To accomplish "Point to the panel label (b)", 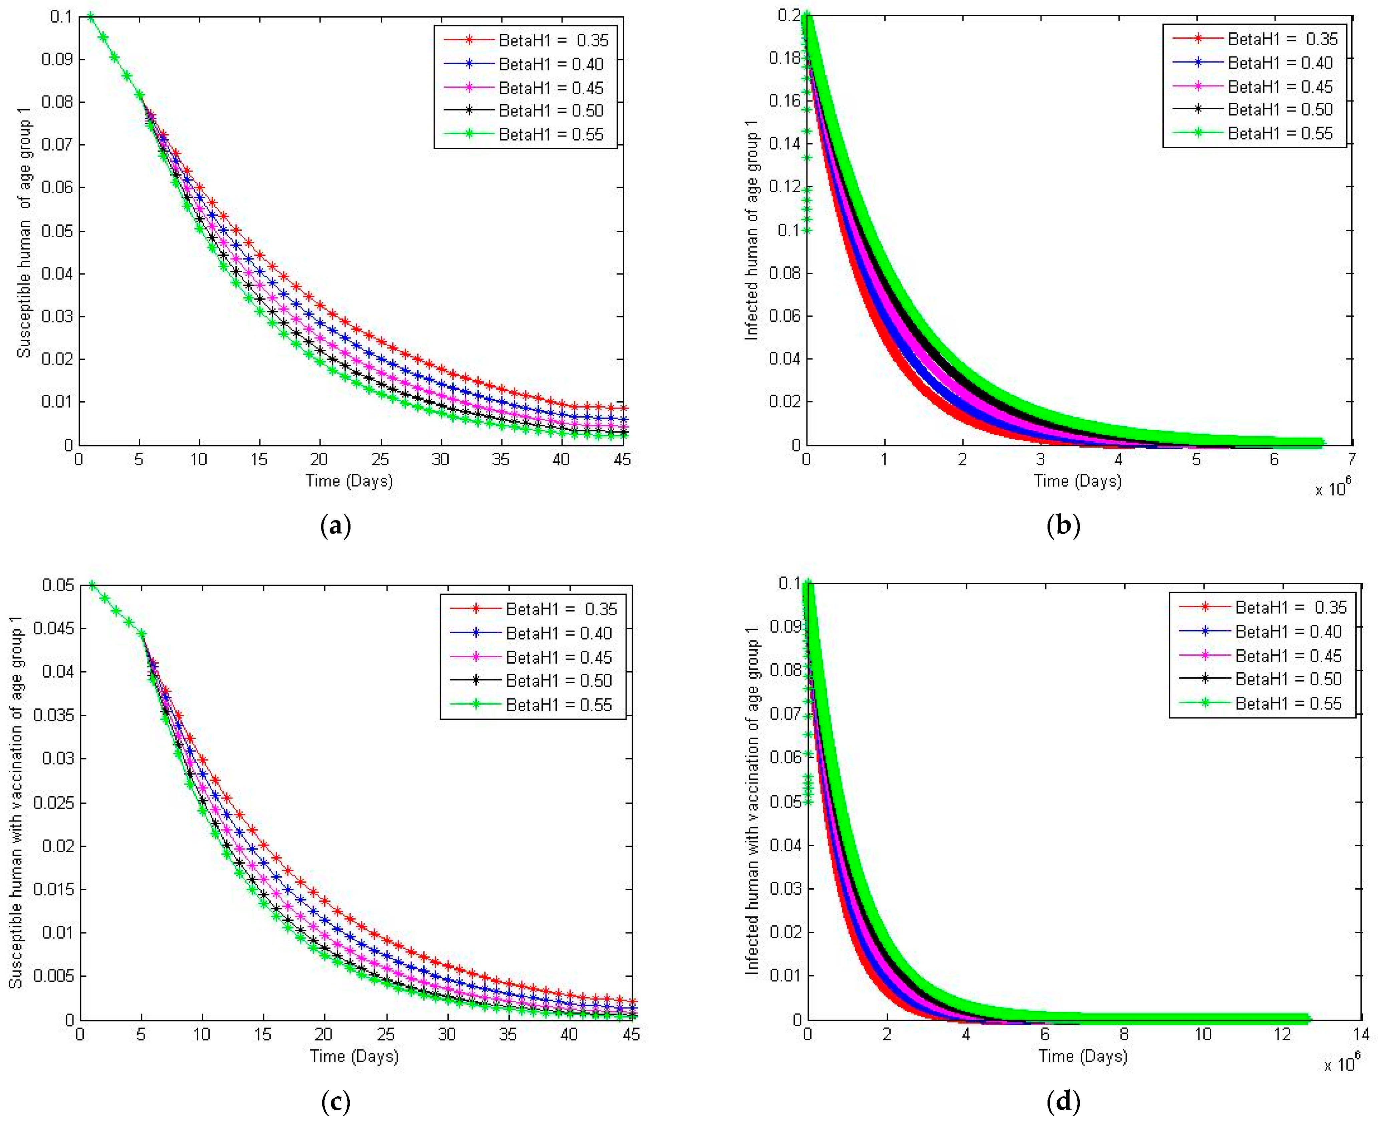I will (x=1063, y=526).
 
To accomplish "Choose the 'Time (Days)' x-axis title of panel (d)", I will (x=1083, y=1056).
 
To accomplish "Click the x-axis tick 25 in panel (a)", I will (x=380, y=460).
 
